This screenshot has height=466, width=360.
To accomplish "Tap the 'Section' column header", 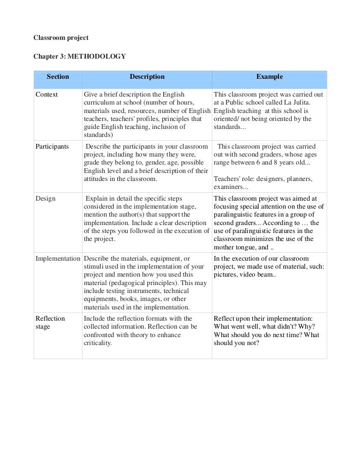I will coord(58,76).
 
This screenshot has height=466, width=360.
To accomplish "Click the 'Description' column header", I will coord(147,76).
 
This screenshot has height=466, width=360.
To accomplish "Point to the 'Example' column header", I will coord(269,76).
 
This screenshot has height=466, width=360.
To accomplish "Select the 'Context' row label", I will coord(47,95).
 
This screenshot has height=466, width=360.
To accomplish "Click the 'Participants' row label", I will coord(52,146).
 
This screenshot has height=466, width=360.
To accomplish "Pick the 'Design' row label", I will coord(45,198).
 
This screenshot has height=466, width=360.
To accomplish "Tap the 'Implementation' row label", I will coord(58,258).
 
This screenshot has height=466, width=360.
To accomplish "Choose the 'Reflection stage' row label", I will coord(50,323).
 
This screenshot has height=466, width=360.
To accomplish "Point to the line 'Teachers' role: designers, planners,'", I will coord(263,179).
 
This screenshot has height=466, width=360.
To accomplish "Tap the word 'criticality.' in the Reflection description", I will coord(97,343).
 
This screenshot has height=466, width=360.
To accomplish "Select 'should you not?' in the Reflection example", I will coord(236,343).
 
